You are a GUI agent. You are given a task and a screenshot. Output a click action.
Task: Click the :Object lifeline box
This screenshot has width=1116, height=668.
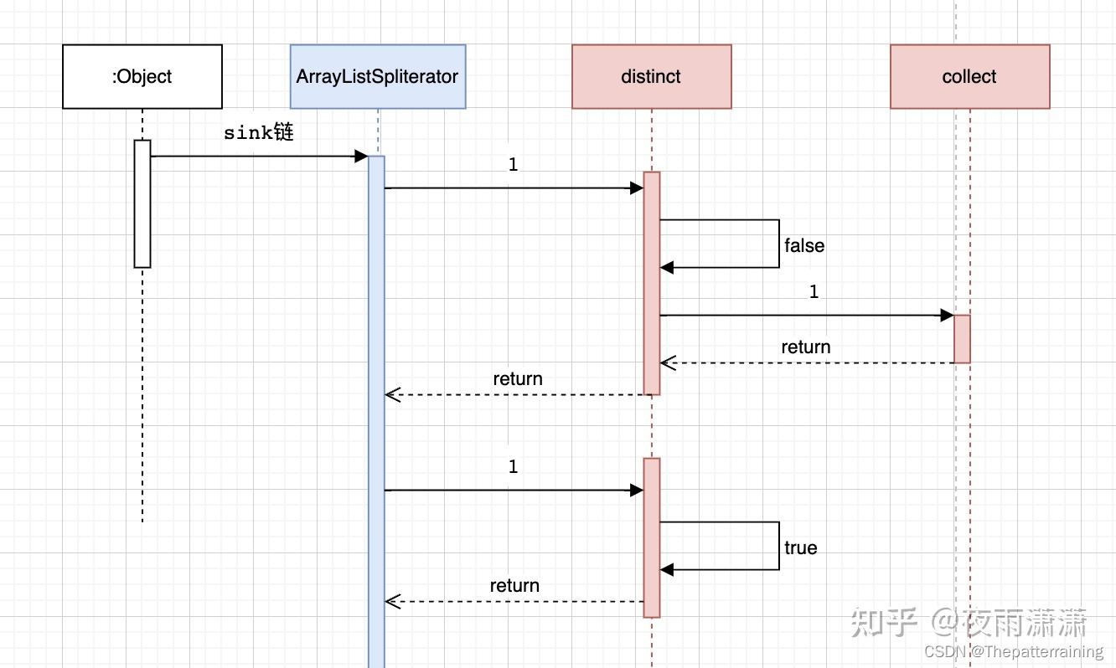point(142,77)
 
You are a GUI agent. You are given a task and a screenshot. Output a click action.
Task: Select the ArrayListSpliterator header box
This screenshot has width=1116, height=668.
point(377,77)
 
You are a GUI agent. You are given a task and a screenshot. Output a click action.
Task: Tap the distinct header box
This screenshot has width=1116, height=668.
point(651,77)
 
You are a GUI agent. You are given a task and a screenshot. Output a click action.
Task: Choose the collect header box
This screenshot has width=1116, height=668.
point(969,77)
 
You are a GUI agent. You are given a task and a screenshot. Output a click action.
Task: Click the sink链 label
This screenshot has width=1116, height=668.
point(258,133)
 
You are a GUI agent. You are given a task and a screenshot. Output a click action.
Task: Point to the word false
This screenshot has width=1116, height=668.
point(804,246)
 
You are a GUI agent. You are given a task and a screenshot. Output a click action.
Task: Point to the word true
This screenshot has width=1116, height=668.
point(800,548)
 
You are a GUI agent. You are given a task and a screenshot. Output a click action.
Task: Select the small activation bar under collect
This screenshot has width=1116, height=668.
point(962,339)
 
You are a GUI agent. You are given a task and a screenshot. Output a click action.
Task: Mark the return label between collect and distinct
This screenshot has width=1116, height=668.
point(805,347)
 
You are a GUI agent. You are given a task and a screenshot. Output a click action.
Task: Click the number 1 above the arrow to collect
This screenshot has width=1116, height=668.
point(814,292)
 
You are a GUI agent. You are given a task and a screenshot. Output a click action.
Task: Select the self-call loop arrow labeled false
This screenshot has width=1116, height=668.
point(778,244)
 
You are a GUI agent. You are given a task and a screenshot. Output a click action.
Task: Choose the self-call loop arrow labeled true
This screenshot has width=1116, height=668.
point(778,546)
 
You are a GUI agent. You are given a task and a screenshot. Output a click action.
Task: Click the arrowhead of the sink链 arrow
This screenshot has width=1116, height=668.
point(362,157)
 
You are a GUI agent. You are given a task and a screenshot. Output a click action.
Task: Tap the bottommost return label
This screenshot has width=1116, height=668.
point(514,586)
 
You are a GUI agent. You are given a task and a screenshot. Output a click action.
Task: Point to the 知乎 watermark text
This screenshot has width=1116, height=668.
point(884,623)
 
